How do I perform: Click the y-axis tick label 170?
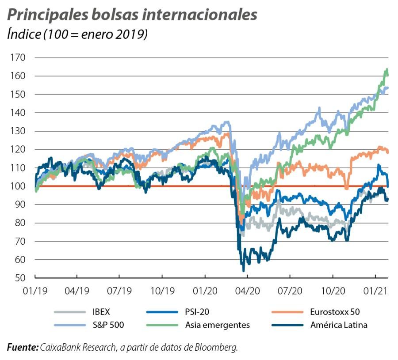(19, 58)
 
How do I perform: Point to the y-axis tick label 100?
(19, 186)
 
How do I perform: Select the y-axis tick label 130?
(19, 131)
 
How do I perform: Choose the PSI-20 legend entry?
(196, 312)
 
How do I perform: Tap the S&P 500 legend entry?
(108, 325)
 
